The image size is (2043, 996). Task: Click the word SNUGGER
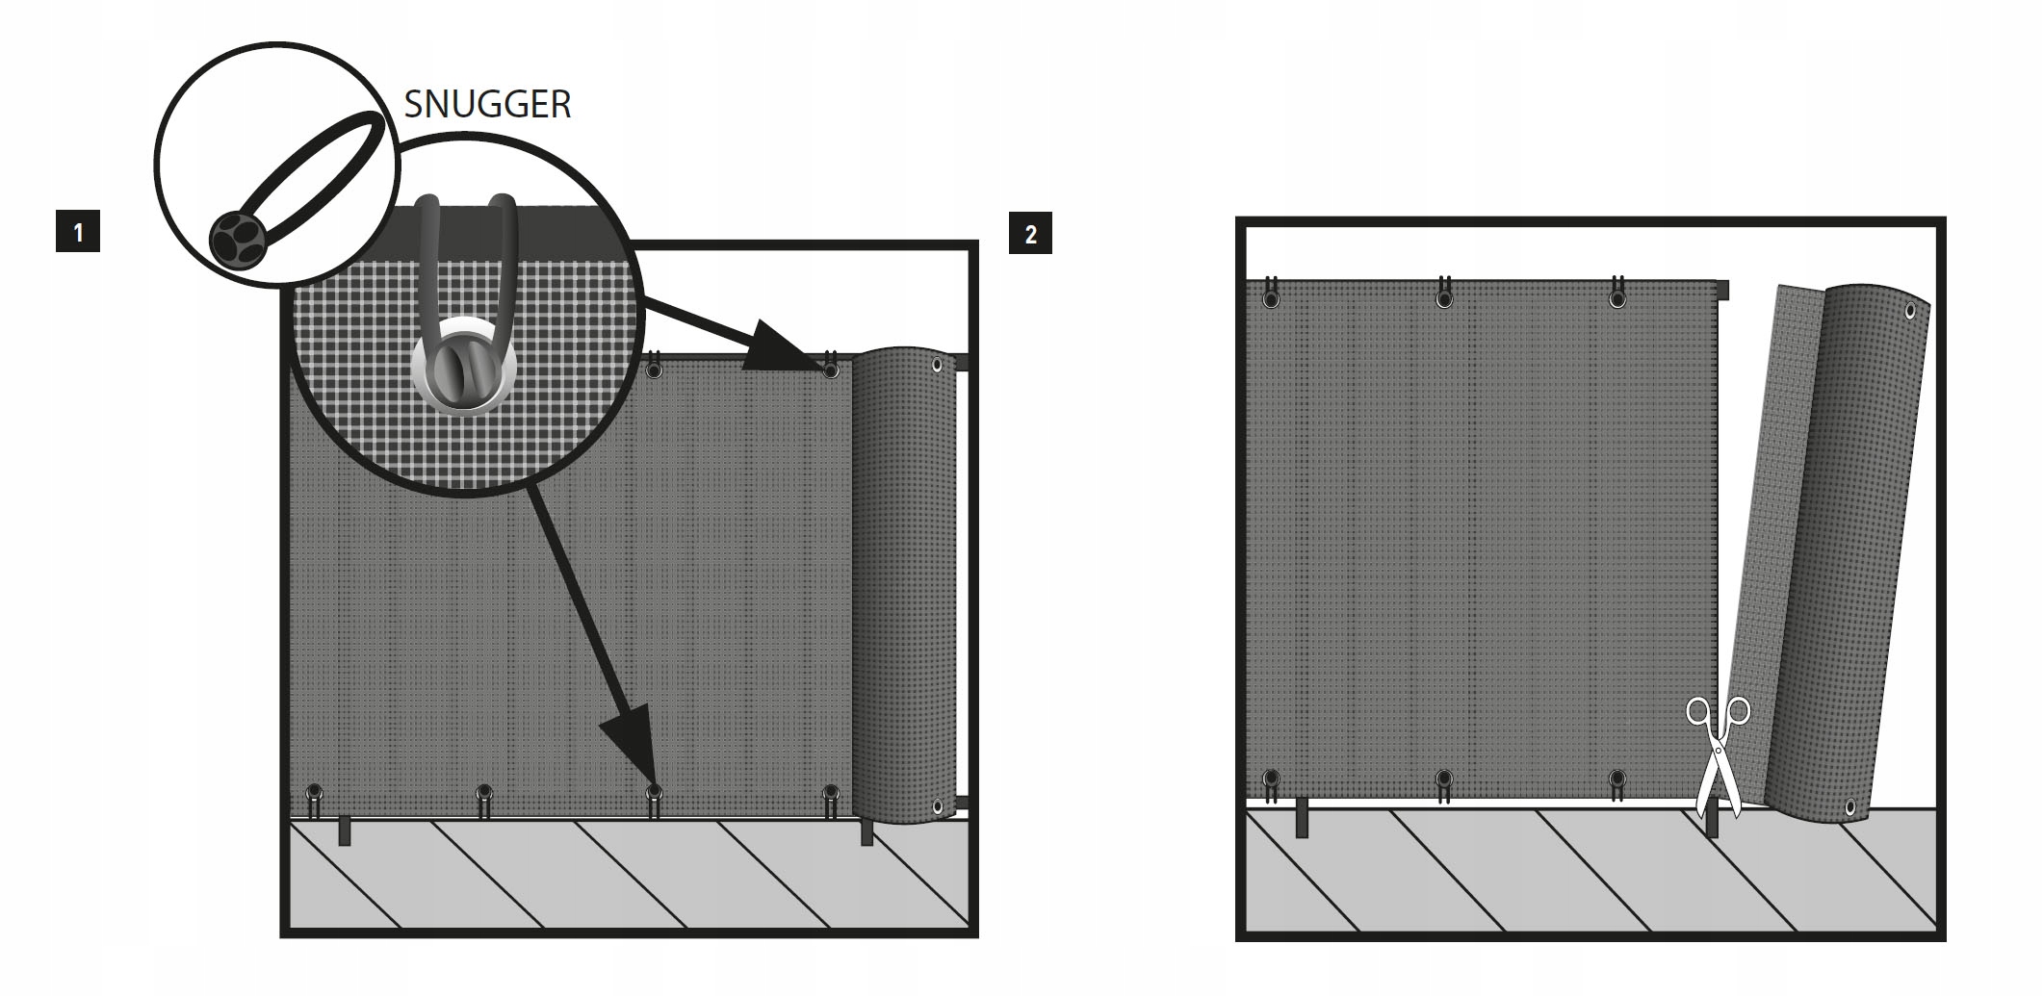point(487,104)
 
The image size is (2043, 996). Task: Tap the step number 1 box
point(78,233)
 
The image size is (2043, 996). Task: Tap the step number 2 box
point(1030,234)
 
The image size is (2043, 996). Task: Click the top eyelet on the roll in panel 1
point(937,365)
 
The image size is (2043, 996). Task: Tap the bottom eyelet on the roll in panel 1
point(937,806)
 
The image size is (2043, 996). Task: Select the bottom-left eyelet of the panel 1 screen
point(314,792)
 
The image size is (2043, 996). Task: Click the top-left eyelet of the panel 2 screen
point(1272,299)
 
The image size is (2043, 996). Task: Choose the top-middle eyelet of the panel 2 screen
point(1444,299)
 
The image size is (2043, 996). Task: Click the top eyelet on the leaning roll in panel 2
point(1910,311)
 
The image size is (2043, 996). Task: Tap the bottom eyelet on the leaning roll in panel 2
point(1849,806)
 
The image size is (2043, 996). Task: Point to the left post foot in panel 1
point(345,830)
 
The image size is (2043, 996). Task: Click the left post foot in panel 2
point(1302,818)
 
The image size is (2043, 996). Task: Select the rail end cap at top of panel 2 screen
point(1722,290)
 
